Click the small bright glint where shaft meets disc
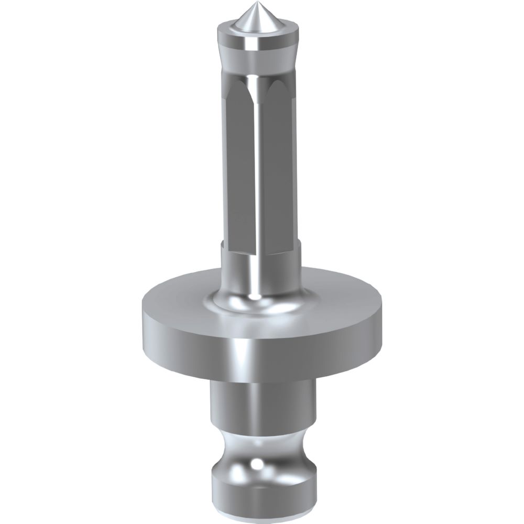(256, 297)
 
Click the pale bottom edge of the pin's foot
(262, 502)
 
